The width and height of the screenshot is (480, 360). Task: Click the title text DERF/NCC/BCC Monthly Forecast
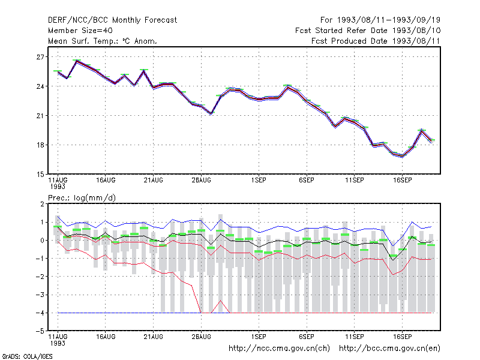coord(112,20)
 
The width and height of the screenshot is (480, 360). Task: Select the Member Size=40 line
coord(80,31)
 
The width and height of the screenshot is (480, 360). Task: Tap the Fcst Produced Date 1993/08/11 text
coord(376,41)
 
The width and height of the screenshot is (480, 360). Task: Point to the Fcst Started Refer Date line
coord(368,31)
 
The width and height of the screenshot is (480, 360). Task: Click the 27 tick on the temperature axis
coord(40,57)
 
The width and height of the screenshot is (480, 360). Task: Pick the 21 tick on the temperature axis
coord(40,116)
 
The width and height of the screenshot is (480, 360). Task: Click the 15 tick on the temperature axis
coord(40,175)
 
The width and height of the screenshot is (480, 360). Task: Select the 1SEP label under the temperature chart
coord(259,181)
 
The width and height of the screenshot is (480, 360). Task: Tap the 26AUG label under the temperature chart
coord(201,181)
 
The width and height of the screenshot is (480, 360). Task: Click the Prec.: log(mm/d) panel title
coord(82,198)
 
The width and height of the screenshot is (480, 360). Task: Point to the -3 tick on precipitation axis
coord(39,295)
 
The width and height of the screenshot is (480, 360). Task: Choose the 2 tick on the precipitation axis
coord(42,204)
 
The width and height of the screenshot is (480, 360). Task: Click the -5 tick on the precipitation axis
coord(39,331)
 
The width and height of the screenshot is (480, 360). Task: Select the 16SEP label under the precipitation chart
coord(402,337)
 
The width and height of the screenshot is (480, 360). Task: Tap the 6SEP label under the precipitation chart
coord(307,337)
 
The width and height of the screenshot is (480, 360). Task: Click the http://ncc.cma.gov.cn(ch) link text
coord(279,349)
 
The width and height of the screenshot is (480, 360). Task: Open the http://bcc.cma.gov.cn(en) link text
coord(389,349)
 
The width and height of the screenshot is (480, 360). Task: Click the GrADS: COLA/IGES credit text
coord(27,356)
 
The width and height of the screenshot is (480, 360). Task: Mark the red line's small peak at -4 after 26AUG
coord(220,301)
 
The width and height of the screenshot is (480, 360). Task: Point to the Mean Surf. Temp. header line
coord(102,41)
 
